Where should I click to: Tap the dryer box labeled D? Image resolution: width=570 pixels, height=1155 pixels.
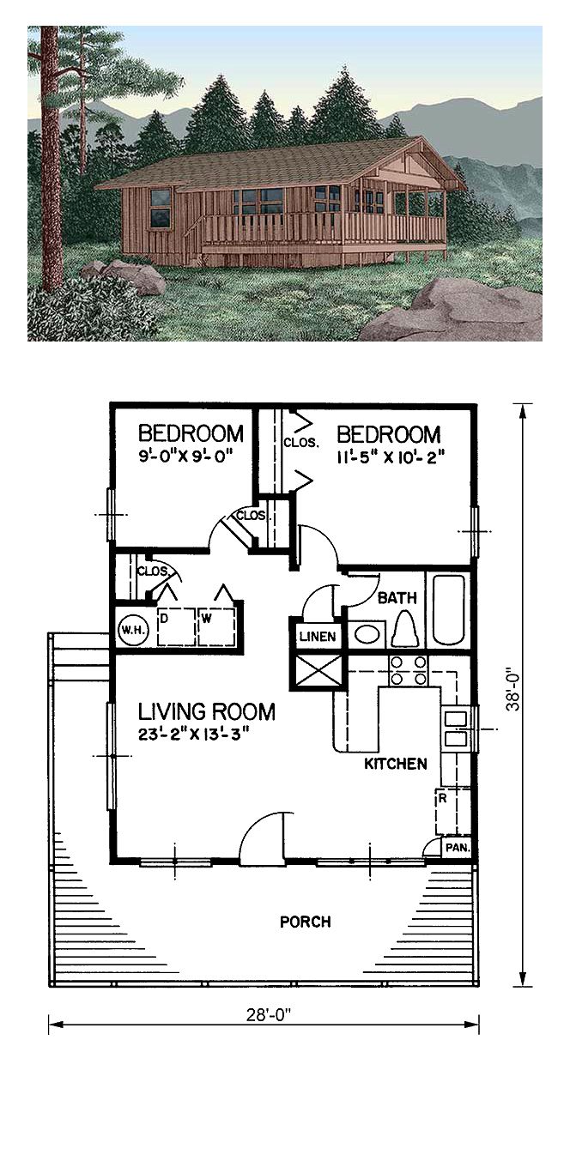pos(176,626)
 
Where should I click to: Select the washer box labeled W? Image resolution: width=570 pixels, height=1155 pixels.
pos(216,626)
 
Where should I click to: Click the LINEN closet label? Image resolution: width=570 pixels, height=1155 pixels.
pos(318,637)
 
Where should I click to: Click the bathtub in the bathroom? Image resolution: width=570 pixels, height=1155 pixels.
pos(448,609)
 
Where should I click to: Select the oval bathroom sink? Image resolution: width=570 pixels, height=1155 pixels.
pos(367,633)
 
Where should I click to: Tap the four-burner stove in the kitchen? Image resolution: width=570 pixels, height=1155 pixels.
pos(408,670)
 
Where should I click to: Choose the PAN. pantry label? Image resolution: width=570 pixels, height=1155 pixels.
pos(457,847)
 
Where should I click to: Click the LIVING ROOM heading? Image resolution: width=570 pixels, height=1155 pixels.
pos(206,711)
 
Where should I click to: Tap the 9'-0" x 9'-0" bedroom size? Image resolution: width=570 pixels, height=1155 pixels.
pos(187,457)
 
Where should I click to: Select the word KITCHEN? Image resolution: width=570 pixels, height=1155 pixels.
pos(396,764)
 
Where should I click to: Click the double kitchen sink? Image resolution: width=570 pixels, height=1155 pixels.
pos(454,729)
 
